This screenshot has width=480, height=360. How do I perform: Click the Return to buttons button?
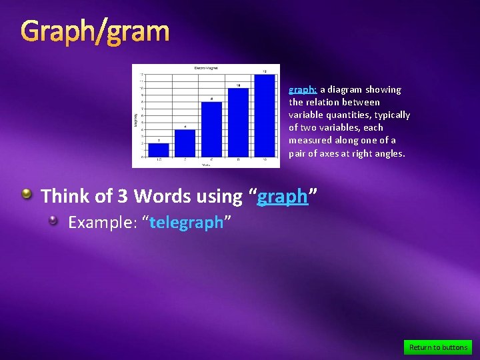[x=437, y=347]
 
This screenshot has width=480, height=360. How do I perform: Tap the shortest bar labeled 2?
[x=159, y=150]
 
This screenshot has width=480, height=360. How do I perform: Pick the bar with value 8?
[x=211, y=129]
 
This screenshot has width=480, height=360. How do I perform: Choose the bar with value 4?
[x=185, y=143]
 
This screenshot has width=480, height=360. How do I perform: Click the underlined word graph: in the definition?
[x=303, y=89]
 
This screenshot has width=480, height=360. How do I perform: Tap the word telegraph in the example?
[x=187, y=223]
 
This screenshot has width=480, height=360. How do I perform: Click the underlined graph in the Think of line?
[x=283, y=197]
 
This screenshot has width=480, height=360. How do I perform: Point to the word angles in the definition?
[x=390, y=153]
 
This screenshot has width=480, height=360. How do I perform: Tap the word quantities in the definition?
[x=342, y=115]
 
